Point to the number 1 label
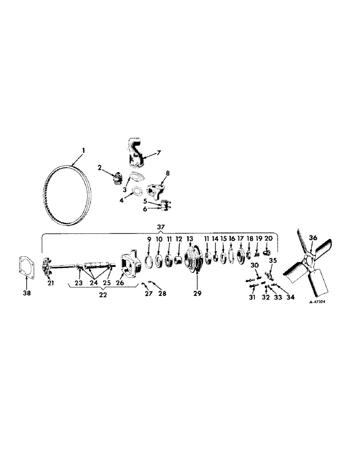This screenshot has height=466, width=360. tap(84, 151)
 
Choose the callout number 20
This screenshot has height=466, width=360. tap(268, 238)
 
